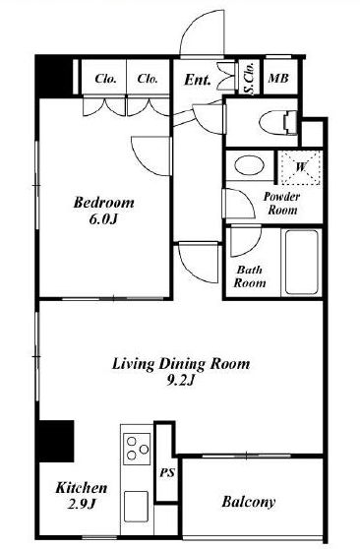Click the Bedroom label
point(103,203)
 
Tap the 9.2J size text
point(180,381)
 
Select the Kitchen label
point(82,488)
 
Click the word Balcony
point(249,502)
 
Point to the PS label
point(167,473)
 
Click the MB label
point(278,79)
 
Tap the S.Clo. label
point(249,79)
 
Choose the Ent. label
point(198,80)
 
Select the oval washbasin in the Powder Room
point(249,165)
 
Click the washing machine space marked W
point(301,167)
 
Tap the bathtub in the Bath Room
point(302,262)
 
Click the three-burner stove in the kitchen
point(137,449)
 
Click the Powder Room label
point(282,204)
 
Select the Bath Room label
point(249,276)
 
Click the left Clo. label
point(105,79)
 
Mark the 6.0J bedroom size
point(103,219)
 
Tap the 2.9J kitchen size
point(82,504)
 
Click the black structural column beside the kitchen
point(56,441)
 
